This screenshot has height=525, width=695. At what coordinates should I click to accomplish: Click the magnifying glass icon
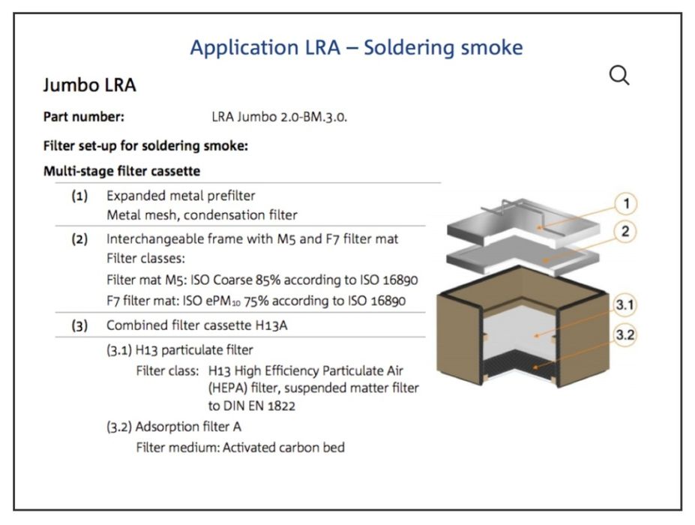click(x=619, y=75)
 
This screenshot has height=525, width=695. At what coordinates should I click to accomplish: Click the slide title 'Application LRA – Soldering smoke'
click(x=356, y=47)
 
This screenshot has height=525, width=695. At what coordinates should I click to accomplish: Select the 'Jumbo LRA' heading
click(x=89, y=85)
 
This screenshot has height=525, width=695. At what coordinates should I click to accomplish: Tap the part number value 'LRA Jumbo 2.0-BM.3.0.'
click(x=280, y=117)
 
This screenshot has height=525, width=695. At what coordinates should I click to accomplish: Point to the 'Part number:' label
click(x=83, y=117)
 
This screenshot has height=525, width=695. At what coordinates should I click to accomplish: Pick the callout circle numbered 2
click(x=625, y=232)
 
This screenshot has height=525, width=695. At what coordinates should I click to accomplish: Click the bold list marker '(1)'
click(x=79, y=196)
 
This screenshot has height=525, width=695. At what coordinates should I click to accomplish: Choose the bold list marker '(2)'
click(x=79, y=240)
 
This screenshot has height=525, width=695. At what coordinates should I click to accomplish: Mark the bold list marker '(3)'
click(x=79, y=325)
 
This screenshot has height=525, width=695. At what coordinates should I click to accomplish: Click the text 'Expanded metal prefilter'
click(x=181, y=196)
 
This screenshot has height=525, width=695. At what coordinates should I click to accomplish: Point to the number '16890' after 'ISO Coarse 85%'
click(x=400, y=280)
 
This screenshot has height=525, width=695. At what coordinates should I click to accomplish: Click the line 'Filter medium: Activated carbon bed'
click(x=241, y=448)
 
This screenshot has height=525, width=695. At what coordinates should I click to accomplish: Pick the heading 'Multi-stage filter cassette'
click(x=121, y=171)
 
